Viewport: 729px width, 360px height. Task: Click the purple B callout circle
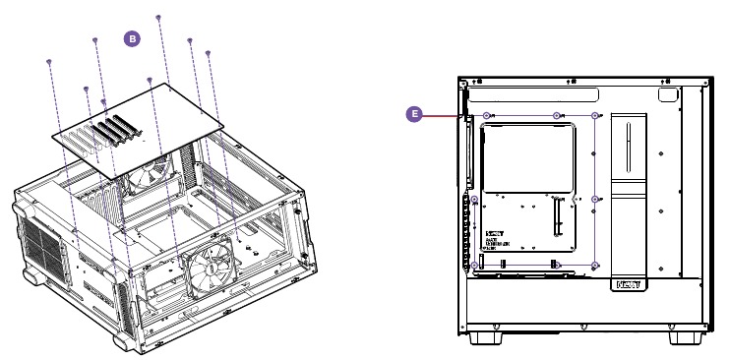pos(131,38)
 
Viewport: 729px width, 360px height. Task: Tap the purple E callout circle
pos(415,115)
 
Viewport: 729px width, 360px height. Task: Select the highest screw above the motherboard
pos(159,18)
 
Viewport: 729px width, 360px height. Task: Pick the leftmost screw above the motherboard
pos(49,63)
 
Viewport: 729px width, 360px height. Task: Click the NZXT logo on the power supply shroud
pos(630,285)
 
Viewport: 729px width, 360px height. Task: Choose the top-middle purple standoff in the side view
pos(557,115)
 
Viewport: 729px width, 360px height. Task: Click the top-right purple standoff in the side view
pos(596,115)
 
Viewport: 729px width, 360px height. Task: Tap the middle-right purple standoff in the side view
pos(596,198)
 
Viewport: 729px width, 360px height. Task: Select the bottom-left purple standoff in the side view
pos(475,265)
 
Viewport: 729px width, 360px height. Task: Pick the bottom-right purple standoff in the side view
pos(596,265)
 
